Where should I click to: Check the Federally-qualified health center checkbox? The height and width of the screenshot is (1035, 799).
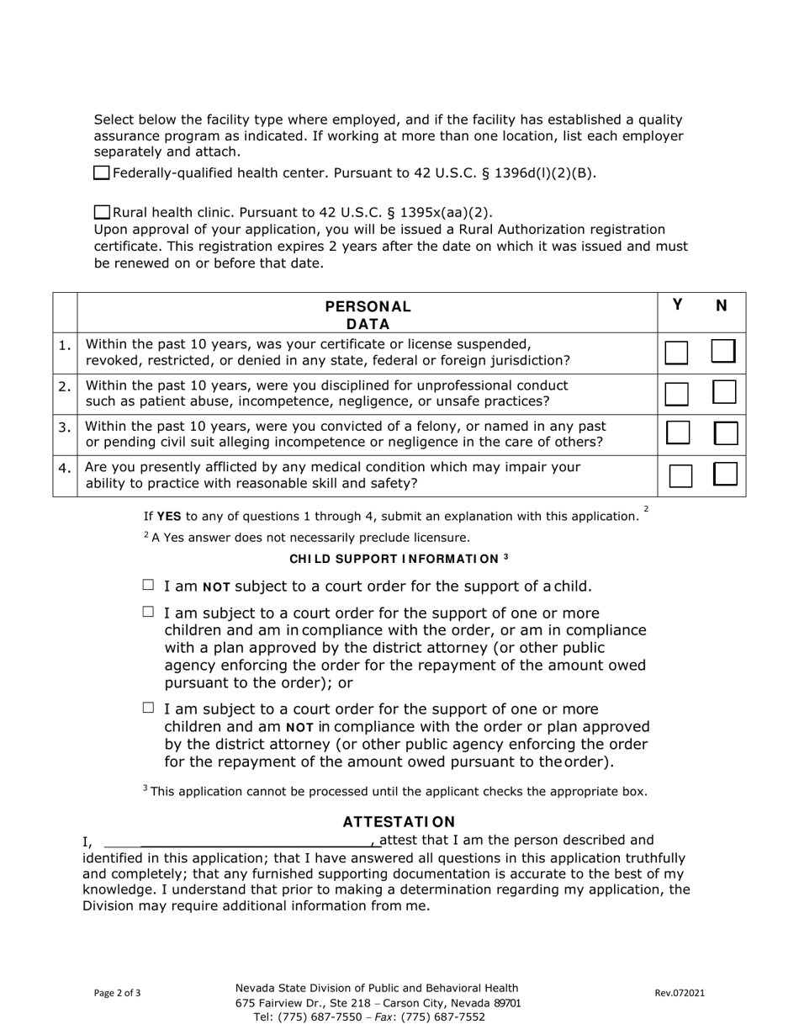tap(101, 173)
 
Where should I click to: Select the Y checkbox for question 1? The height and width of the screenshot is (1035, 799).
tap(676, 353)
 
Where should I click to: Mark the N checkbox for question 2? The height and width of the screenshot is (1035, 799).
tap(723, 392)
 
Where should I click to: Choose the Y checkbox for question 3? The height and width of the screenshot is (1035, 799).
tap(678, 433)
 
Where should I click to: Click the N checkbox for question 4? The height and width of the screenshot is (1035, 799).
tap(725, 475)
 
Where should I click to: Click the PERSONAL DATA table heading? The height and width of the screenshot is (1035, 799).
tap(368, 315)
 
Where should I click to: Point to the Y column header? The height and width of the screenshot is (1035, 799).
tap(678, 305)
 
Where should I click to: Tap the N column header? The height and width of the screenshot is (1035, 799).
tap(721, 305)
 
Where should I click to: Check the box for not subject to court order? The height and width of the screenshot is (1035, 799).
tap(149, 585)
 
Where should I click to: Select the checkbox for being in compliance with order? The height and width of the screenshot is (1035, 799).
tap(149, 612)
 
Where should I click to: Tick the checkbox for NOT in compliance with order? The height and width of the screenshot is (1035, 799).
tap(149, 709)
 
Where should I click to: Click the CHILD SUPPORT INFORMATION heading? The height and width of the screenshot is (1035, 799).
tap(399, 559)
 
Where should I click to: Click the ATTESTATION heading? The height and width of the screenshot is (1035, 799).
tap(399, 821)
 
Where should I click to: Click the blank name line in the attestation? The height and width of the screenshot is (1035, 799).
tap(257, 841)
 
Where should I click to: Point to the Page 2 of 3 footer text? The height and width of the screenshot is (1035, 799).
tap(118, 993)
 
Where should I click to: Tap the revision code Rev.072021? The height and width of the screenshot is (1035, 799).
tap(680, 993)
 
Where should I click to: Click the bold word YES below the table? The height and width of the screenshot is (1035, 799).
tap(169, 517)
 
